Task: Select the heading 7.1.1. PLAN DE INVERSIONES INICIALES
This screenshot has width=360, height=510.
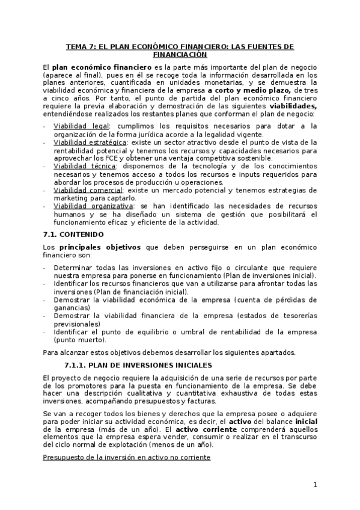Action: [138, 365]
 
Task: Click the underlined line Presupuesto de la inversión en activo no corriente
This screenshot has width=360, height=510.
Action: [126, 458]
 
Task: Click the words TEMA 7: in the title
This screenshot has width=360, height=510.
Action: [81, 46]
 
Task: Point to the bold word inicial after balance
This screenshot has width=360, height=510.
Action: [307, 422]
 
